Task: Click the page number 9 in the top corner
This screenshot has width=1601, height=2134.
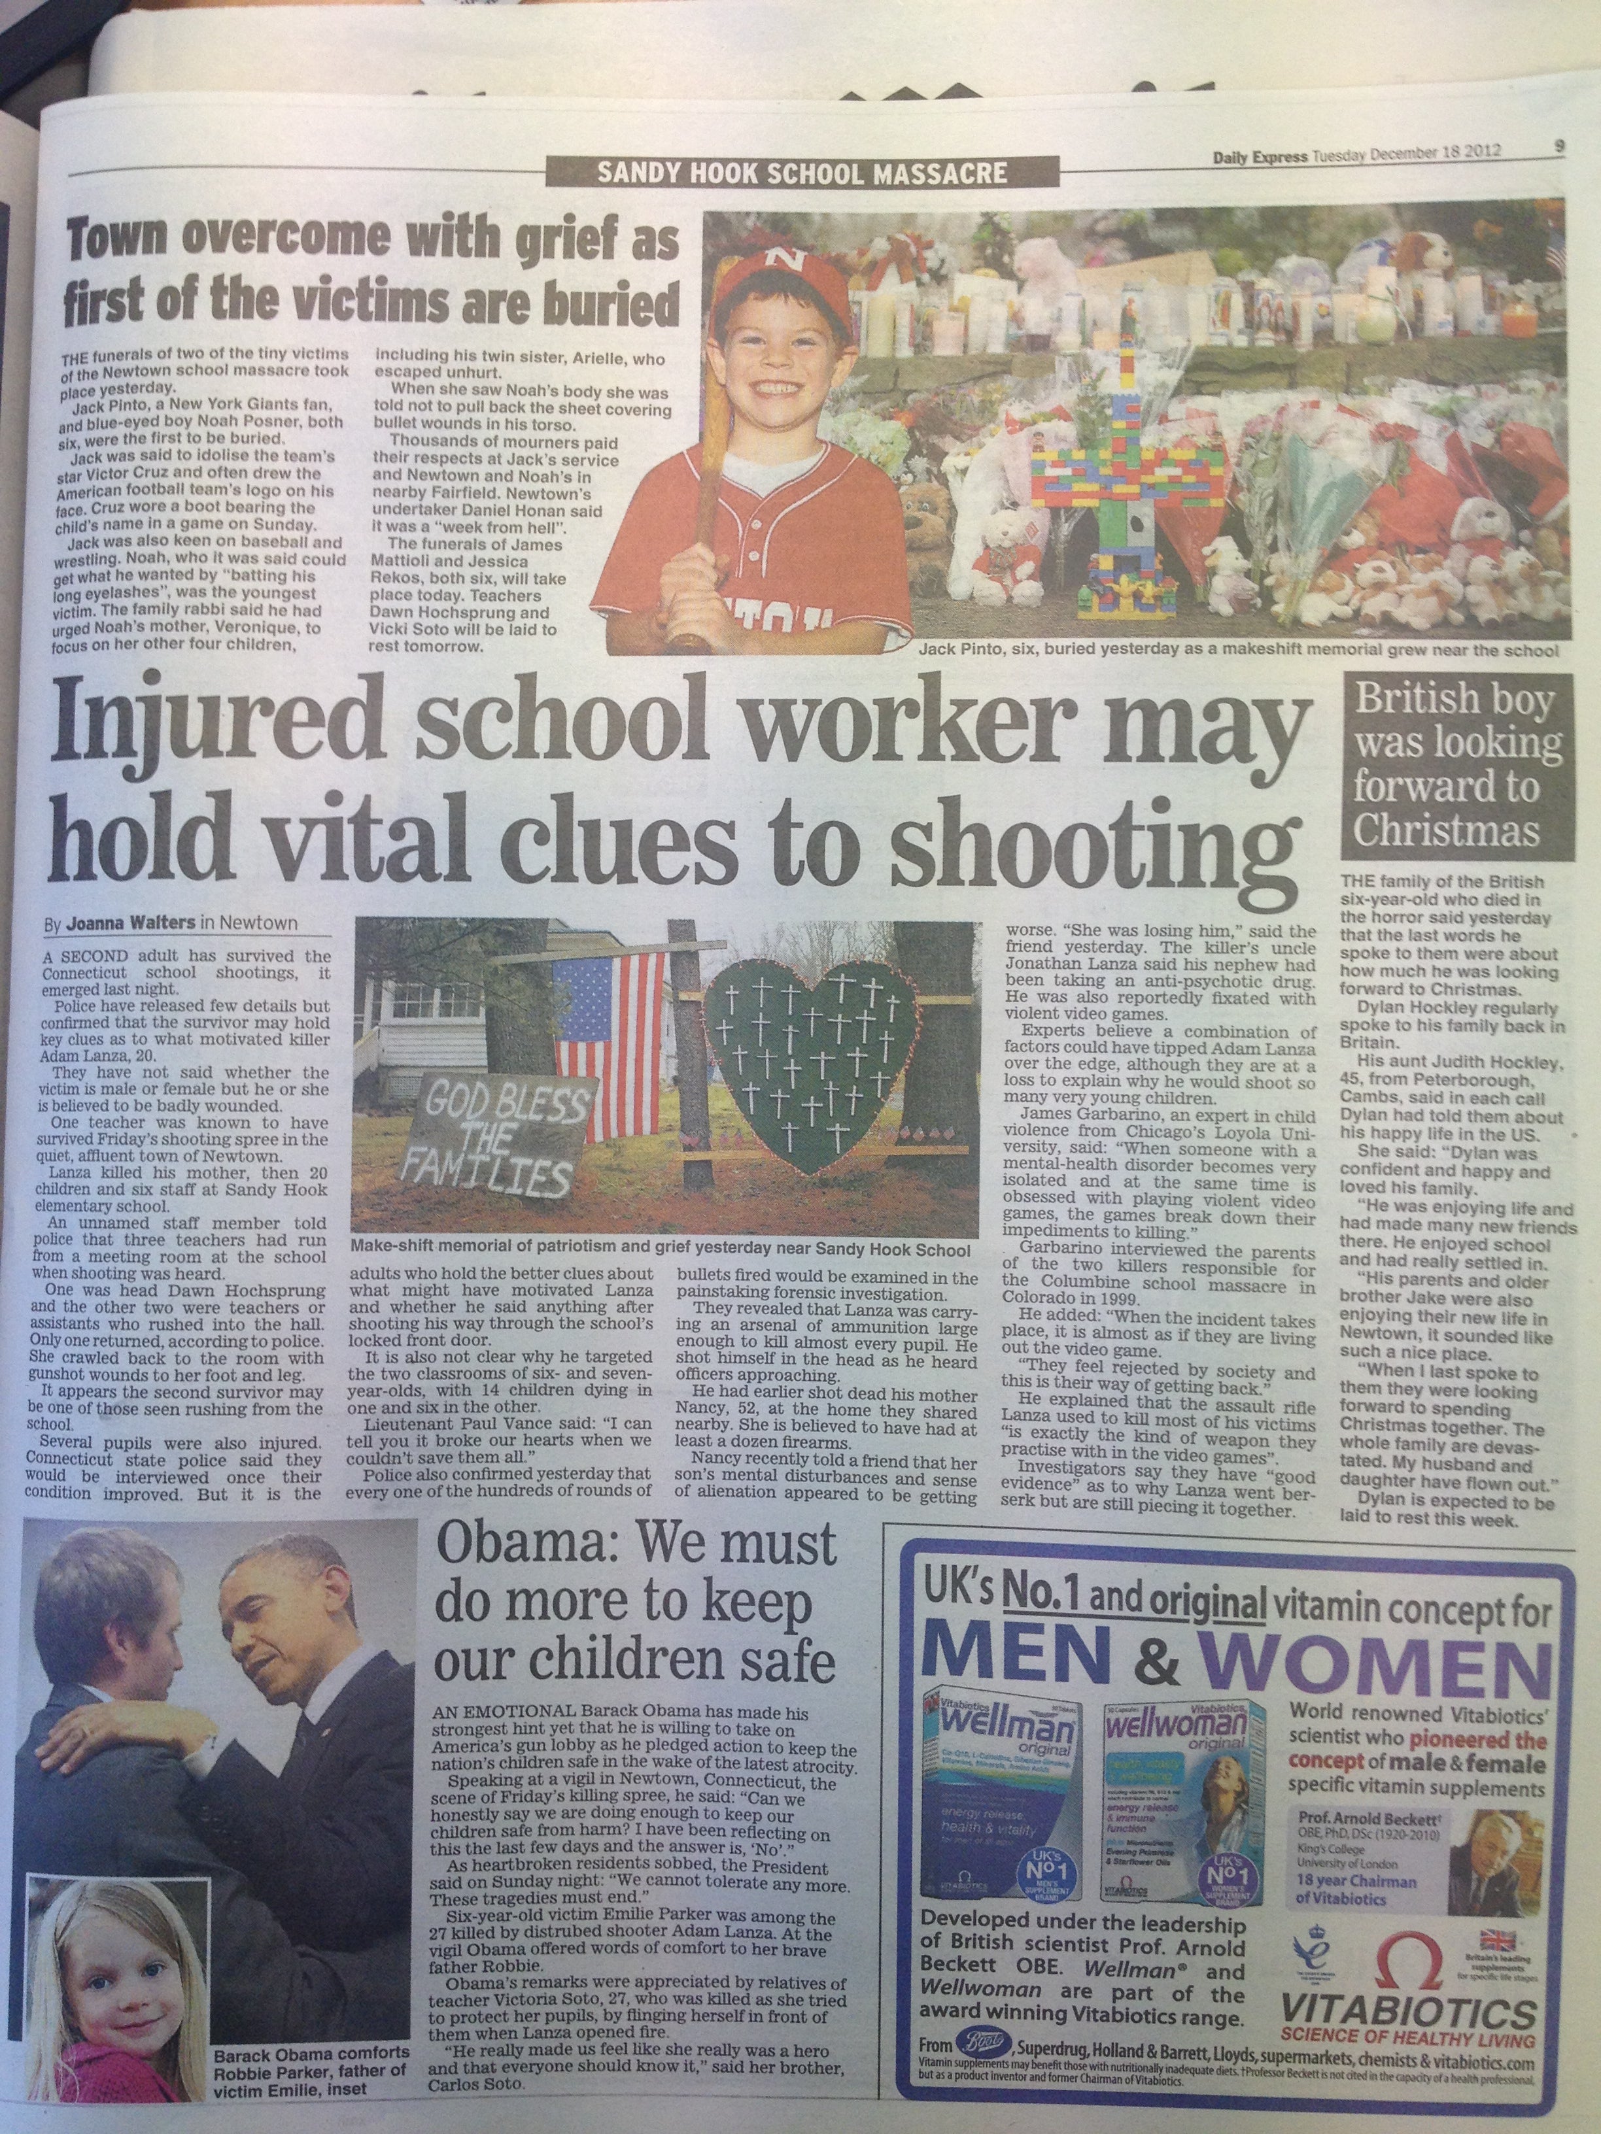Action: pos(1558,148)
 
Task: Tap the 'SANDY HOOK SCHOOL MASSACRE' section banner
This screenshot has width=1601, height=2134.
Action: pos(780,175)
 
